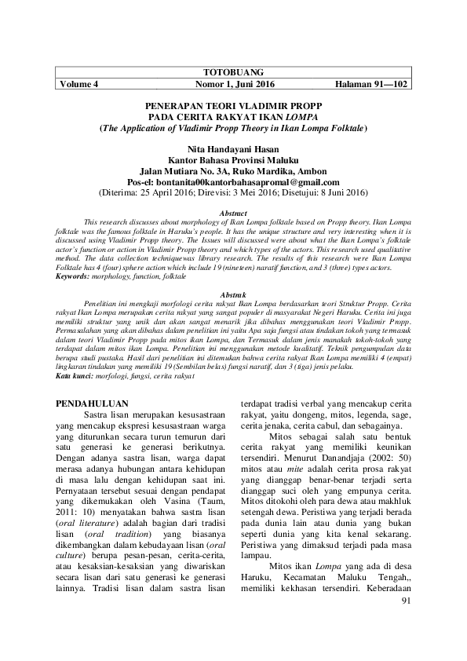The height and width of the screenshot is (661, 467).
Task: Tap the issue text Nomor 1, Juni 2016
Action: click(x=233, y=83)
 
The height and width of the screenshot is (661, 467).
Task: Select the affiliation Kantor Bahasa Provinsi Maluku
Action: click(x=233, y=158)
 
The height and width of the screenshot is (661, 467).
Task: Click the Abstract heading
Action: click(x=233, y=214)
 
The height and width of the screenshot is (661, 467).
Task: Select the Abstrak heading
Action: click(x=233, y=292)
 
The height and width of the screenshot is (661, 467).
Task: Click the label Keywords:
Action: click(x=74, y=276)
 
